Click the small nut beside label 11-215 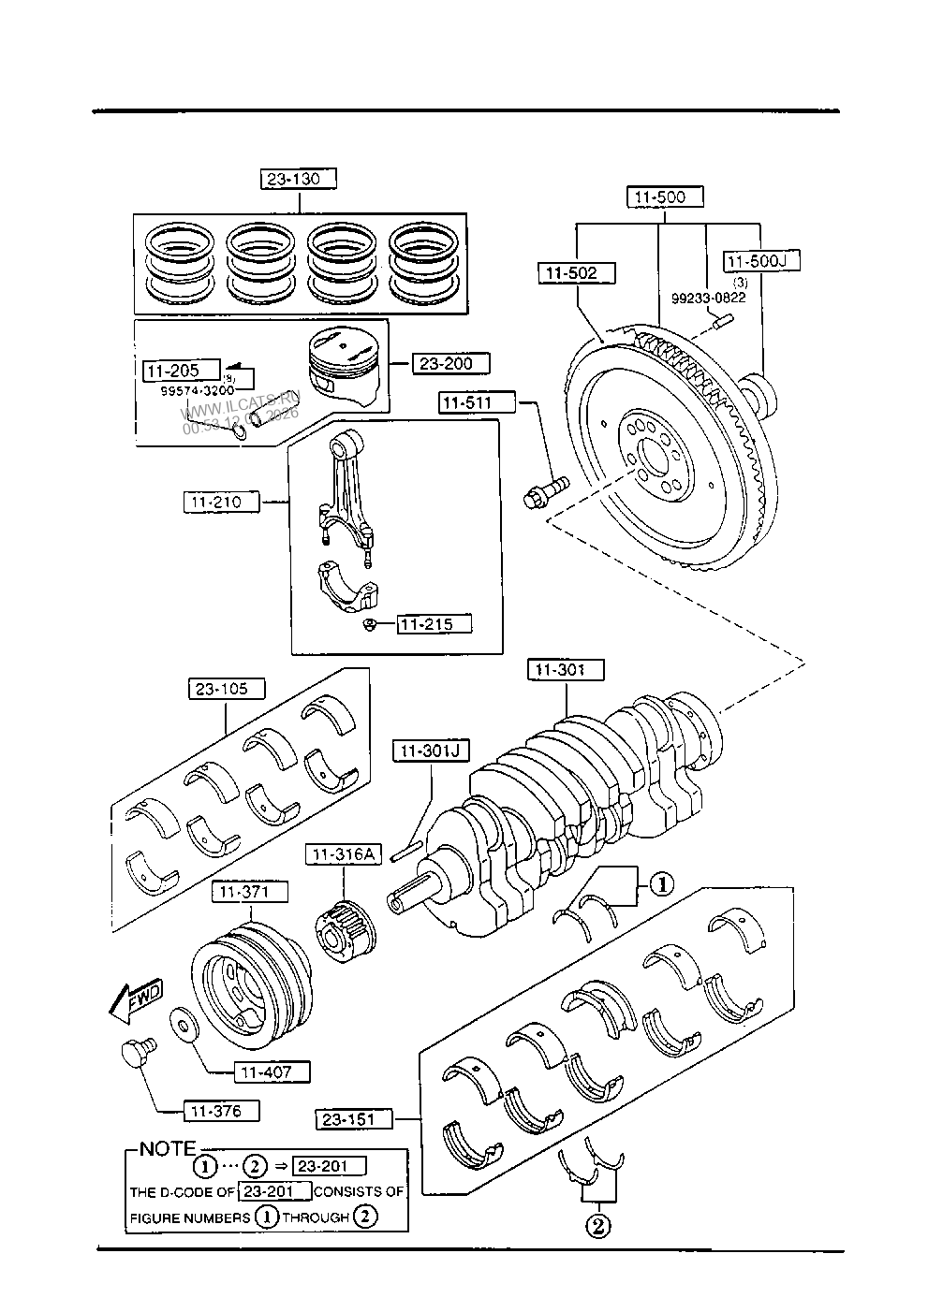click(372, 624)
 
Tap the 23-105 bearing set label click(226, 690)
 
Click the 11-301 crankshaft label click(565, 670)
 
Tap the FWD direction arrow click(135, 1000)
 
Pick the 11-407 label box click(272, 1071)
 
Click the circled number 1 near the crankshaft click(661, 883)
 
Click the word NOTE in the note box click(169, 1148)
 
